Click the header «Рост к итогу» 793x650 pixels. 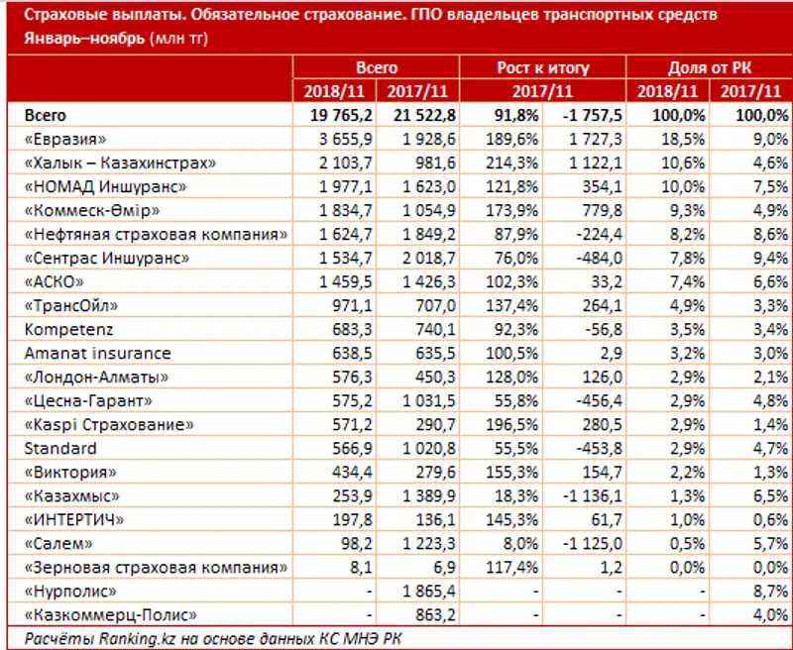542,67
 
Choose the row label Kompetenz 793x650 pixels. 61,329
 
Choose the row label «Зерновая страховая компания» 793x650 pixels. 155,568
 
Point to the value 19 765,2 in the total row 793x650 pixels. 334,115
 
